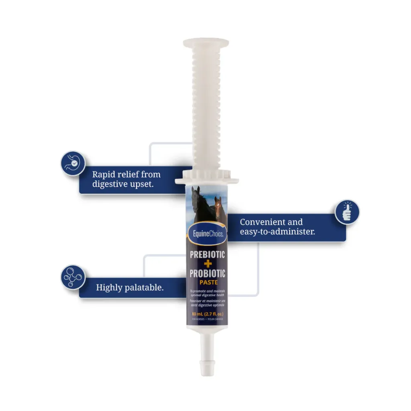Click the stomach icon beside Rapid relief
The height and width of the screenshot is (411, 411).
[x=73, y=163]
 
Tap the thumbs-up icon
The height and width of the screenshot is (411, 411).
[x=347, y=212]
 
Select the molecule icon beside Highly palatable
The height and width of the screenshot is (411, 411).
[x=73, y=277]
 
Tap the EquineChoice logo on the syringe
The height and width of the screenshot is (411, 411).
[x=207, y=233]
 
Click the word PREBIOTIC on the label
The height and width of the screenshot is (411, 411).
[x=207, y=255]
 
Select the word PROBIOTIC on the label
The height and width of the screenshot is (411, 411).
[x=207, y=274]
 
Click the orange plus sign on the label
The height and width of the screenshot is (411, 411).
[x=208, y=264]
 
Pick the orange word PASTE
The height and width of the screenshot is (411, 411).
[x=207, y=282]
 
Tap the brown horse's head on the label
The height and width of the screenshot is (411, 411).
[x=218, y=205]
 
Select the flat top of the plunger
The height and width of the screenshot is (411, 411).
[x=206, y=43]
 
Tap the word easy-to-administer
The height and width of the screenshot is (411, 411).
[x=277, y=232]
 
